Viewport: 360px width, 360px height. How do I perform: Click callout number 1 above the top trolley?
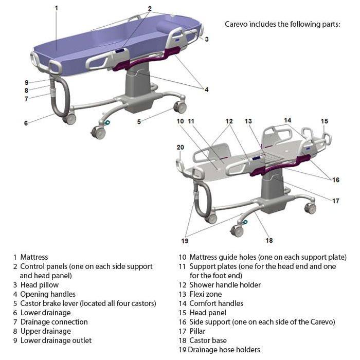56,8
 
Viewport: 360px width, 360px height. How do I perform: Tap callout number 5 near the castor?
139,122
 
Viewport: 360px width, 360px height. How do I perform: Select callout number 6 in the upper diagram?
26,123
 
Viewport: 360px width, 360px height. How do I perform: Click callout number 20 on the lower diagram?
180,147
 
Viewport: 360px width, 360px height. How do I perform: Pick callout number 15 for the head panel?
324,121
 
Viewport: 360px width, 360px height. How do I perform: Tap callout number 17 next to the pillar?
336,201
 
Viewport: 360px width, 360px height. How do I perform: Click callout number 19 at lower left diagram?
185,240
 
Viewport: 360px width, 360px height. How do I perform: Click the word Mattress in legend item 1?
34,257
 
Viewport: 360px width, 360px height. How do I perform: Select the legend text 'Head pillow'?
40,285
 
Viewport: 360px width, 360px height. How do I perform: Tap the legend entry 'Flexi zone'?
206,294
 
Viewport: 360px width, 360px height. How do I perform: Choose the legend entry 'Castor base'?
208,340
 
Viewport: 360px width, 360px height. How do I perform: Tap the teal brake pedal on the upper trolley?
107,122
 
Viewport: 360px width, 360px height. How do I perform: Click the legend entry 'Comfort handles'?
216,303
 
